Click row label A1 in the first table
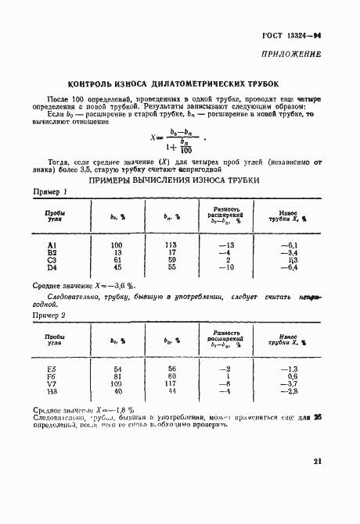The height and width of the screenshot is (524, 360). [x=53, y=245]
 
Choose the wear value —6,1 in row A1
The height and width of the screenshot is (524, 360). [x=291, y=245]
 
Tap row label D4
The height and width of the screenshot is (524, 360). [x=53, y=267]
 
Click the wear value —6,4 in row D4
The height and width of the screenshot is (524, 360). [x=291, y=267]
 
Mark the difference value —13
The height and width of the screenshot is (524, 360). [x=228, y=245]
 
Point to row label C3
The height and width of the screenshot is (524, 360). [x=53, y=260]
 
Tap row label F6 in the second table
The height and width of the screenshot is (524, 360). [x=53, y=376]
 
